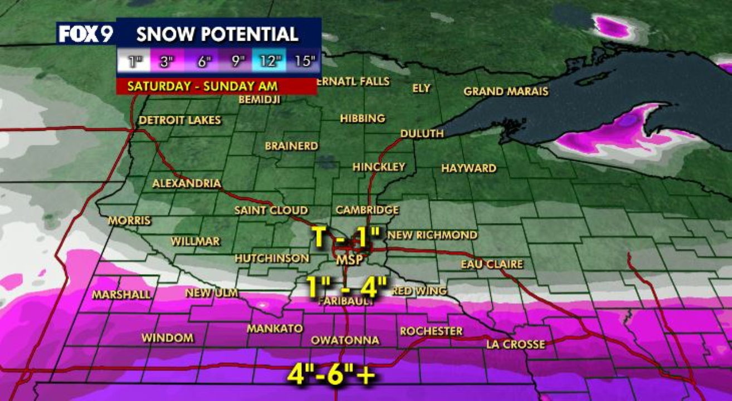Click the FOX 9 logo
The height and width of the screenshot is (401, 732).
click(x=86, y=35)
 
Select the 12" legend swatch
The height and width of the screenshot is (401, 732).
click(x=269, y=61)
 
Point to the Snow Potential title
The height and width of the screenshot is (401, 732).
click(x=217, y=34)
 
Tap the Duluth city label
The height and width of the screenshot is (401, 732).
click(x=422, y=134)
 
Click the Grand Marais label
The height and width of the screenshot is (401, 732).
click(x=506, y=91)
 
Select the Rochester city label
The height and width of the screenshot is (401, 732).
click(x=431, y=331)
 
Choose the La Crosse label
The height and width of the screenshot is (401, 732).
click(x=515, y=345)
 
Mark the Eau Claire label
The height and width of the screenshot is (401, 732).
click(x=492, y=264)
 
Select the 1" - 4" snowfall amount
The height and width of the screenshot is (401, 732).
click(x=347, y=287)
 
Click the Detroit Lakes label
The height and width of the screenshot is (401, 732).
click(x=180, y=120)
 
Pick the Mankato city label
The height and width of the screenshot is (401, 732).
click(x=275, y=329)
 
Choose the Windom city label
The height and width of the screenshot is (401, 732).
click(x=168, y=338)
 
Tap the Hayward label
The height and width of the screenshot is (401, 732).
click(x=469, y=168)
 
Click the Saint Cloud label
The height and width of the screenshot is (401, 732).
click(x=271, y=211)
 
